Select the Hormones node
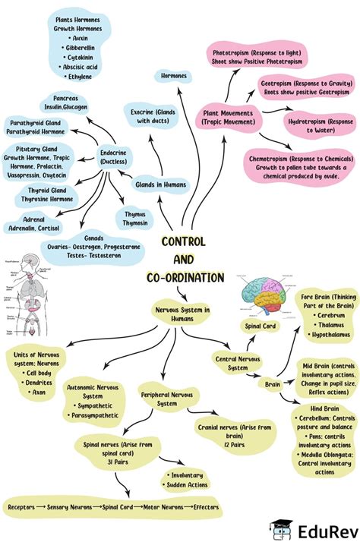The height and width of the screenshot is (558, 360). pyautogui.click(x=174, y=75)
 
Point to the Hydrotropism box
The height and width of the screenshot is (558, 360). pyautogui.click(x=320, y=125)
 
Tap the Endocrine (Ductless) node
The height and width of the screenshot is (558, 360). pyautogui.click(x=113, y=157)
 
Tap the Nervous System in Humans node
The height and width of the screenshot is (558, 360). pyautogui.click(x=182, y=313)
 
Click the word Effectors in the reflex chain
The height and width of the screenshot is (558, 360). pyautogui.click(x=206, y=507)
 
